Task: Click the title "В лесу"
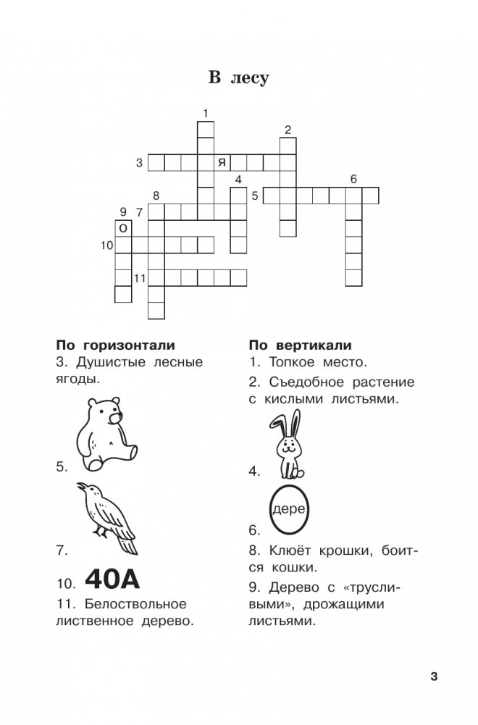pos(238,78)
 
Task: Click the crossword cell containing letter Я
pos(222,162)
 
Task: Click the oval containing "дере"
pos(290,510)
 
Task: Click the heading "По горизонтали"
pos(115,345)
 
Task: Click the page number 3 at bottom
pos(434,677)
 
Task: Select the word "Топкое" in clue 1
pos(291,361)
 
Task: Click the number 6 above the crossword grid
pos(353,179)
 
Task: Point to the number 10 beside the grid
pos(107,246)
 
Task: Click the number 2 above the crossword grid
pos(288,130)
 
